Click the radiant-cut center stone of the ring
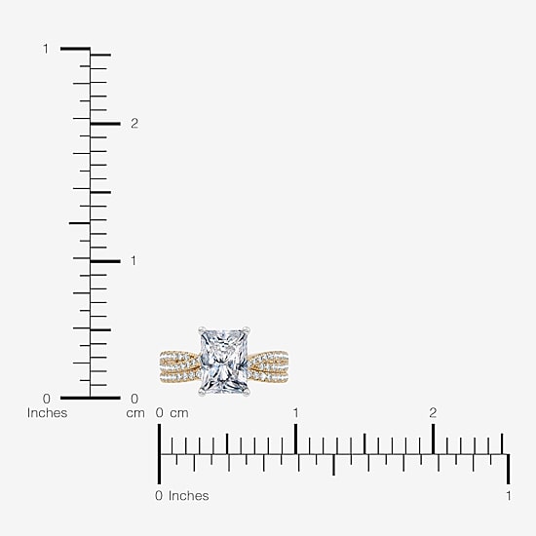coord(224,361)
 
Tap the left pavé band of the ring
coord(179,366)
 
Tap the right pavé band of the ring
coord(268,366)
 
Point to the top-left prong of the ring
coord(201,330)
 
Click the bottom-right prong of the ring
coord(247,393)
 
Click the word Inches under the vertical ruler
coord(47,413)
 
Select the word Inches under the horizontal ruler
coord(188,496)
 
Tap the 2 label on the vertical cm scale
coord(134,124)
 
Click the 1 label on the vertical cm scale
coord(134,261)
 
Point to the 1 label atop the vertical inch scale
coord(46,49)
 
